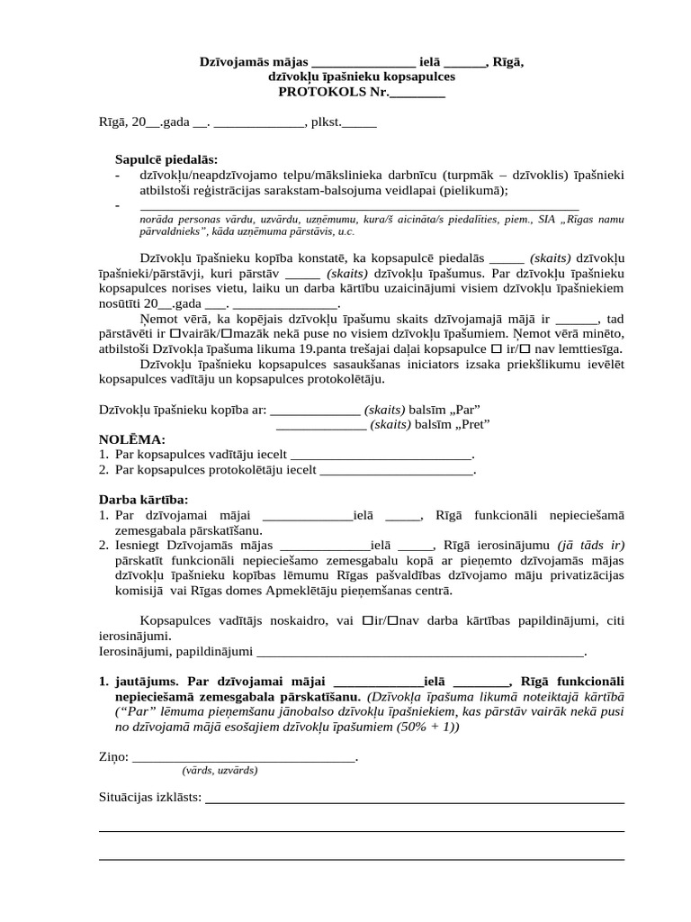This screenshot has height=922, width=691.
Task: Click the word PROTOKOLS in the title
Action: [318, 91]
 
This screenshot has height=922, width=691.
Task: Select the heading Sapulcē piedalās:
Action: [166, 158]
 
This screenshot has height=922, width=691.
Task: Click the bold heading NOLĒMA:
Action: [131, 438]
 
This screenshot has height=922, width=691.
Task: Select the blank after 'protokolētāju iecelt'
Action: [396, 469]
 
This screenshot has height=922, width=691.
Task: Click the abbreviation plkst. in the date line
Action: [325, 122]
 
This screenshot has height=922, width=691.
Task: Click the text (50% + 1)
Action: [427, 727]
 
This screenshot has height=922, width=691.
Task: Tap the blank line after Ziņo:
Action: [244, 758]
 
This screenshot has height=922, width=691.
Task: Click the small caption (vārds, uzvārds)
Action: [220, 771]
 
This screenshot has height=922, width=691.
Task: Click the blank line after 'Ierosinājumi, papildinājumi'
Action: [421, 651]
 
